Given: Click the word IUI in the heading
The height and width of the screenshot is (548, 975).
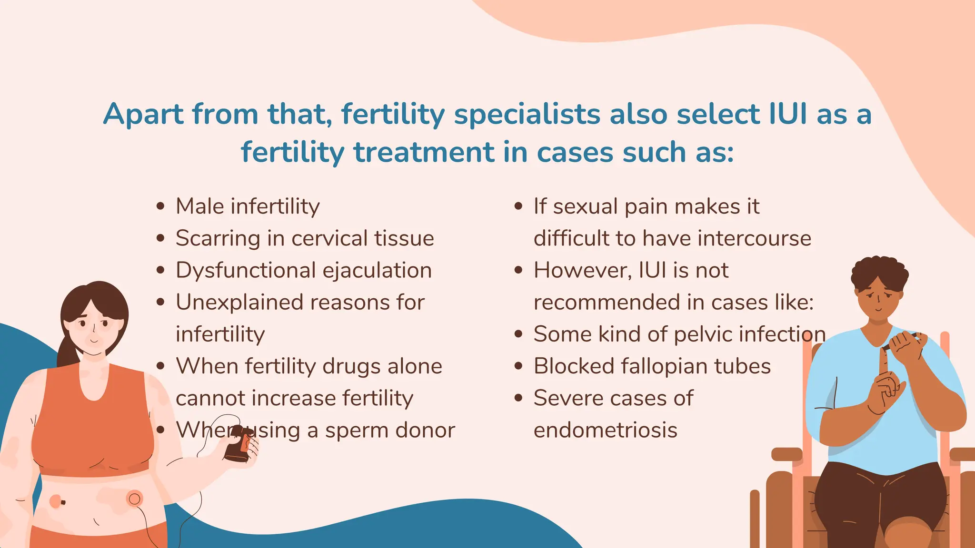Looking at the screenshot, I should coord(788,114).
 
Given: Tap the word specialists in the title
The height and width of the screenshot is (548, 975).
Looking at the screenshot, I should coord(527,115).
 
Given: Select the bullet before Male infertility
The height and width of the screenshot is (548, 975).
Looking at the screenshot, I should coord(160,206).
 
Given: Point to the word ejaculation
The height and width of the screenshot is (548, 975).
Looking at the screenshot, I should coord(377,271).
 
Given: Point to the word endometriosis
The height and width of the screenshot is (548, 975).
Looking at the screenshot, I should coord(605,430).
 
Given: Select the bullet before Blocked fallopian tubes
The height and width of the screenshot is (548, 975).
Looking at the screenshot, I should coord(518,366).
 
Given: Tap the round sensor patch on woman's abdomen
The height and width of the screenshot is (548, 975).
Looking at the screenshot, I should coord(135,499).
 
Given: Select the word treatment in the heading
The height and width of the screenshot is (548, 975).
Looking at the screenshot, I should coord(424,152).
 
